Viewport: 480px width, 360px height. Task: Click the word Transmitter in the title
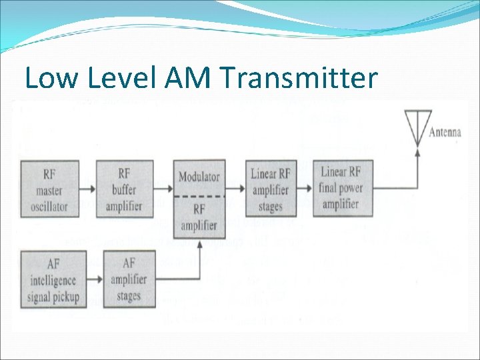(297, 79)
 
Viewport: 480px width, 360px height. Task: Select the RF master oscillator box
(49, 190)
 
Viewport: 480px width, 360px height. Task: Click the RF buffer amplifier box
(125, 190)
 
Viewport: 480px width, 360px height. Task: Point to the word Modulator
(199, 177)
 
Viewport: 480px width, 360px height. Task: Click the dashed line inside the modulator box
(199, 196)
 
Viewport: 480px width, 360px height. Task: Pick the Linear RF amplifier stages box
(271, 189)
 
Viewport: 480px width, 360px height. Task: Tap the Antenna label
(445, 132)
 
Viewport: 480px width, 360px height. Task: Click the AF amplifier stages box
(129, 279)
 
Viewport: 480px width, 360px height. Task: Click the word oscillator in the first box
(49, 206)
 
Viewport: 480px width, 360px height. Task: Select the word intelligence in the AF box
(53, 280)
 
